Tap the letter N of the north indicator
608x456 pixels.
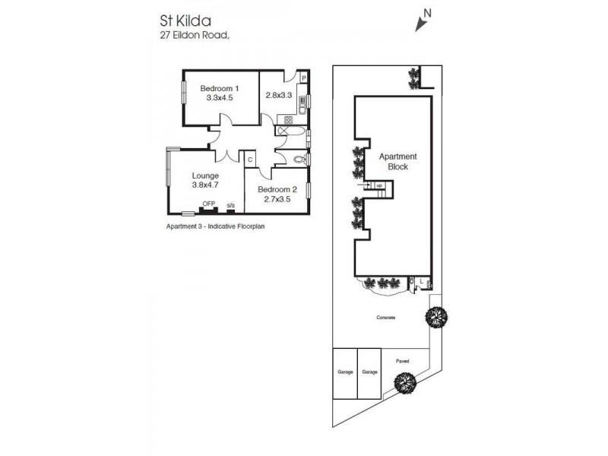click(428, 11)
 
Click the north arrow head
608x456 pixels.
click(419, 27)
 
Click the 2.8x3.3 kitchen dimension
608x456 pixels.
click(278, 95)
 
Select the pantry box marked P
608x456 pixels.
click(303, 78)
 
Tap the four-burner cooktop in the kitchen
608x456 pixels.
click(288, 119)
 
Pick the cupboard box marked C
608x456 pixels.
click(249, 159)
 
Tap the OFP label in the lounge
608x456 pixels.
click(207, 204)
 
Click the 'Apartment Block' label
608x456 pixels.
click(397, 161)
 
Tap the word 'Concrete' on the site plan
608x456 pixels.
click(386, 317)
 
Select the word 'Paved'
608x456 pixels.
click(403, 361)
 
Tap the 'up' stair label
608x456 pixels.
click(378, 185)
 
